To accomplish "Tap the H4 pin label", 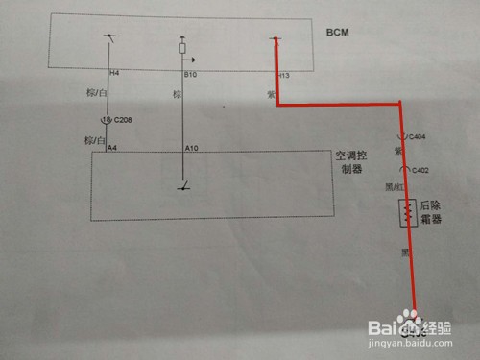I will (x=114, y=72).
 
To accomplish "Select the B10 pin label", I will (x=190, y=72).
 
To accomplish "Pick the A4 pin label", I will (x=112, y=148).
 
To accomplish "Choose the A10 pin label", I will (x=191, y=148).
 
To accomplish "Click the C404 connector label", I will (x=418, y=136).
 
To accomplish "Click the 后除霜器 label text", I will (x=432, y=212).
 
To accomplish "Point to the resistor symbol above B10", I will (x=183, y=46).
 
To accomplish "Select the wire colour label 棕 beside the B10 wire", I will (x=176, y=94).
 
